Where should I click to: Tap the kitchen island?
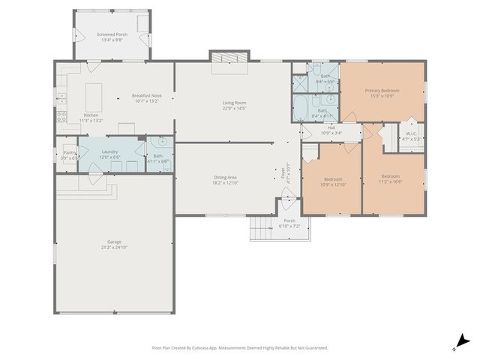94,97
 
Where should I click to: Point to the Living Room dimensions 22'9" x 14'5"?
235,108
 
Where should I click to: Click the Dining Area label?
225,177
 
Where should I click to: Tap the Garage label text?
114,241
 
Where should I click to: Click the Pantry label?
69,152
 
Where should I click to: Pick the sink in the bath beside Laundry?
161,141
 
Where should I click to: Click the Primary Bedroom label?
383,90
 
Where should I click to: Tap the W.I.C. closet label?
412,133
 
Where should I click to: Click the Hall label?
331,128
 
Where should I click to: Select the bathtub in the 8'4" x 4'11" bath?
299,108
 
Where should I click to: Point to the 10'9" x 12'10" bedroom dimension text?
333,184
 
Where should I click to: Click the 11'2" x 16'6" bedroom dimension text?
390,181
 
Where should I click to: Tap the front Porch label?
289,220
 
